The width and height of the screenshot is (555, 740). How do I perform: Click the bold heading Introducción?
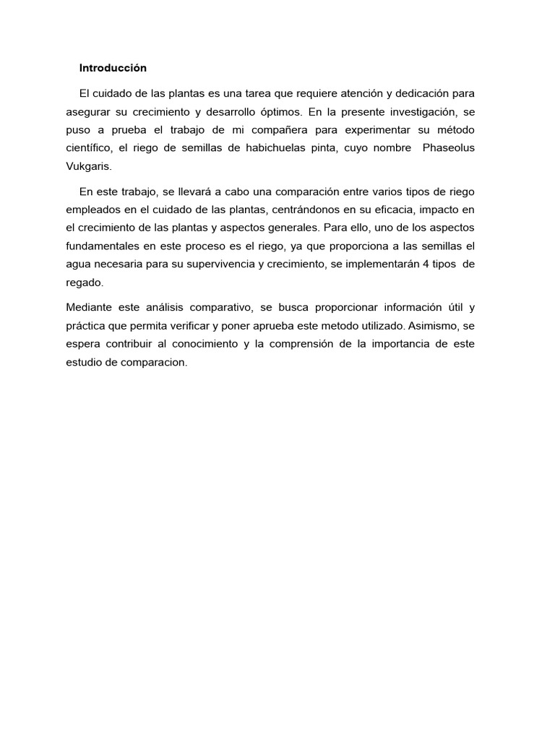[113, 68]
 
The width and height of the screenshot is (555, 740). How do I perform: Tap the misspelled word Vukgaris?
[88, 165]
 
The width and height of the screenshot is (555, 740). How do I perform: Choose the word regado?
[84, 283]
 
